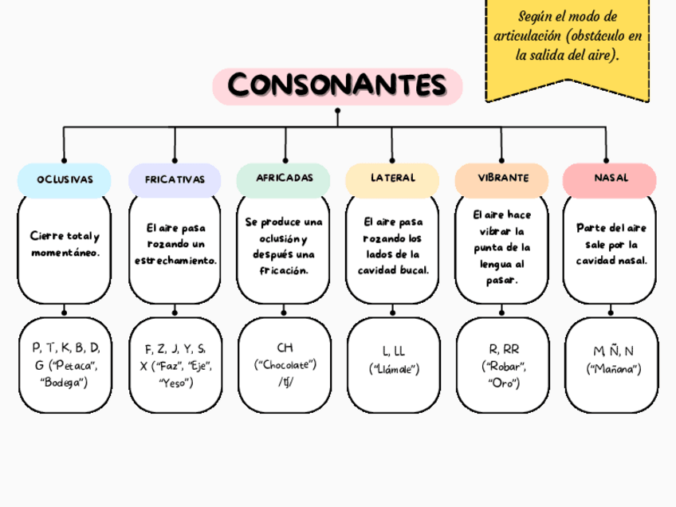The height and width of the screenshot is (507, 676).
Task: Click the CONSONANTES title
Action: point(337,85)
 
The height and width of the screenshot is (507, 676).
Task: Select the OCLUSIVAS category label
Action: point(65,179)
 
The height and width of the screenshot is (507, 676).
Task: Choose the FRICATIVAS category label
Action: point(175,180)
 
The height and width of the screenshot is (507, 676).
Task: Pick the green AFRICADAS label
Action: point(284,178)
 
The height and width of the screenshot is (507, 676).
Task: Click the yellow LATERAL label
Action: point(392,178)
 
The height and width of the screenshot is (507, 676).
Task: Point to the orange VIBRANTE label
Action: point(502,178)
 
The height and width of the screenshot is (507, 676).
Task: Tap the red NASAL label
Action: point(610,178)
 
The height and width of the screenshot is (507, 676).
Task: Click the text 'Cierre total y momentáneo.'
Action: point(65,245)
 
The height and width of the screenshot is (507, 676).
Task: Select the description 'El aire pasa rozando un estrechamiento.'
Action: point(175,244)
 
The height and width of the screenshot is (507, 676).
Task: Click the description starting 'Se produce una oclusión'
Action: point(284,246)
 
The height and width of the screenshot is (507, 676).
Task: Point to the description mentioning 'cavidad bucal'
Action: point(392,246)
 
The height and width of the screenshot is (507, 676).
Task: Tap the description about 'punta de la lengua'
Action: point(502,248)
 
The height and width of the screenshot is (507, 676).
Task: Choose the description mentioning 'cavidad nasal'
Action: point(610,244)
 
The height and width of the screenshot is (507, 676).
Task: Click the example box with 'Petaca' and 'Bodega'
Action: point(65,365)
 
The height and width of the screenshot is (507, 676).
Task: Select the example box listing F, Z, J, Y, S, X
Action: point(175,365)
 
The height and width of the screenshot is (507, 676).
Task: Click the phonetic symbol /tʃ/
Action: point(285,383)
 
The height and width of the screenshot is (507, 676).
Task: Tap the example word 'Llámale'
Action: point(393,369)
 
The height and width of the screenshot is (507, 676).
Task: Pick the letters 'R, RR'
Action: point(503,349)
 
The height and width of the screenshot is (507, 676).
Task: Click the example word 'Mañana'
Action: point(612,369)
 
